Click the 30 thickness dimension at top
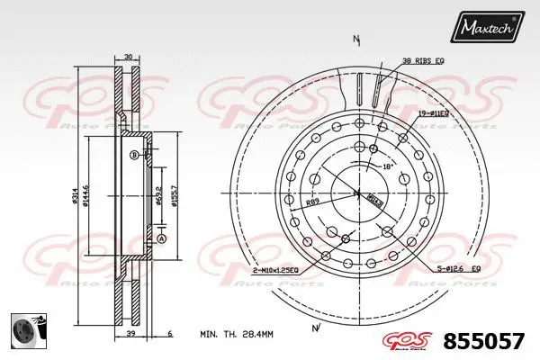(128, 57)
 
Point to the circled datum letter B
(134, 155)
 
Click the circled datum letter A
(161, 238)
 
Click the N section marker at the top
(356, 40)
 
